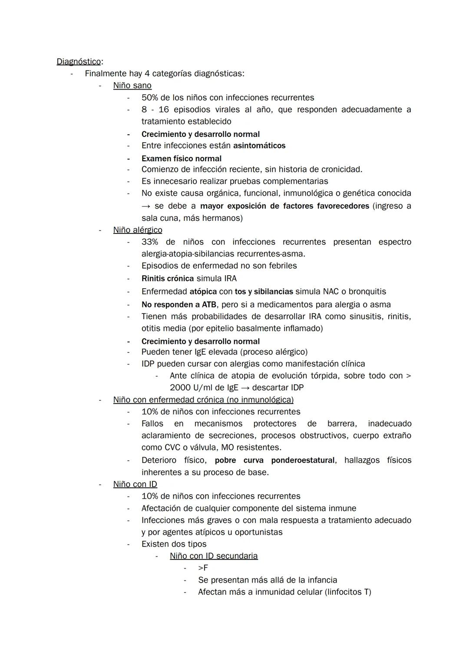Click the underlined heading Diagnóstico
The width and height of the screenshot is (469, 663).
[79, 62]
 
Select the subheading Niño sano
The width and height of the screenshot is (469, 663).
[132, 86]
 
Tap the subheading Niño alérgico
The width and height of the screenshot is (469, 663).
[138, 230]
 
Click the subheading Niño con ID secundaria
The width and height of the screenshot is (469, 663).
[214, 556]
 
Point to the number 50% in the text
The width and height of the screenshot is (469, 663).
[150, 98]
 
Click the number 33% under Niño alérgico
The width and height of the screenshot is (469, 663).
[150, 242]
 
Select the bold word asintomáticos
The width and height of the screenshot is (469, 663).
[259, 146]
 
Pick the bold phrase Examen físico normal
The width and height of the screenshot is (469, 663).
[182, 159]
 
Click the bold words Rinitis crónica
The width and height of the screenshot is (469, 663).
[168, 278]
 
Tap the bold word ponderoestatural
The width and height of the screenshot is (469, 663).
[303, 460]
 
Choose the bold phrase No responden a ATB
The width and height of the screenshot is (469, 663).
[179, 304]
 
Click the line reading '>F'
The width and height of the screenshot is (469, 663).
[203, 568]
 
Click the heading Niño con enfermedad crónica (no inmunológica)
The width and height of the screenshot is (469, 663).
[203, 400]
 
